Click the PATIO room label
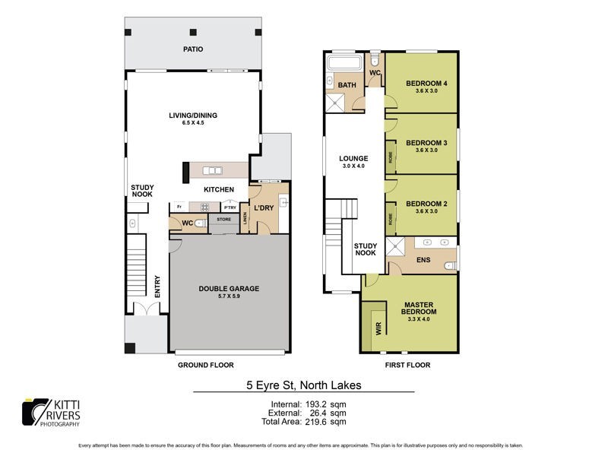[x=192, y=49]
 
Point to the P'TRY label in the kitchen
[x=229, y=207]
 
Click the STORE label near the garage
[x=223, y=220]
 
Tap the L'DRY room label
[x=263, y=207]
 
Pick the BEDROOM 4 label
[x=426, y=83]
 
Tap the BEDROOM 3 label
[x=426, y=143]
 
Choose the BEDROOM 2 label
[x=426, y=204]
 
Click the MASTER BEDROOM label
[x=419, y=307]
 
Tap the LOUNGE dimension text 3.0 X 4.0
[x=353, y=166]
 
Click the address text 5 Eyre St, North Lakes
[x=303, y=385]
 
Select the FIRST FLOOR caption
[x=407, y=365]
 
